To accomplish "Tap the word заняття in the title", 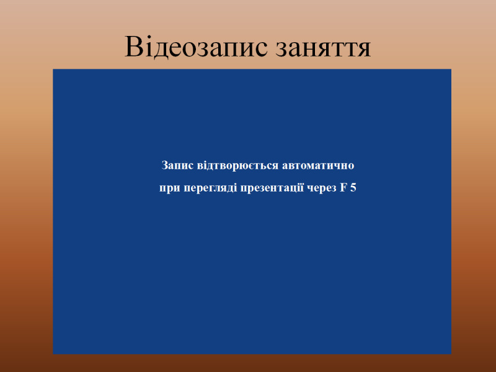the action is pos(323,48).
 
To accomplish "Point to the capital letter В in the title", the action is pos(133,46).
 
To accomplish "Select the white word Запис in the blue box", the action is pos(177,166).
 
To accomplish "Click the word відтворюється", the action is pos(237,166).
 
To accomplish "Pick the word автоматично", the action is pos(318,166).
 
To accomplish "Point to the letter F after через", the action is pos(343,188).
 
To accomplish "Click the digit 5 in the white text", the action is pos(353,188).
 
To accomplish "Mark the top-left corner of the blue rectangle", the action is pos(53,69).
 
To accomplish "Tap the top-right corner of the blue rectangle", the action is pos(451,69).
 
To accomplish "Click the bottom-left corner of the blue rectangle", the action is pos(53,354).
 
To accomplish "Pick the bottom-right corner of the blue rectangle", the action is pos(451,354).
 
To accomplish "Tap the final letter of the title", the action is pos(364,49).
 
